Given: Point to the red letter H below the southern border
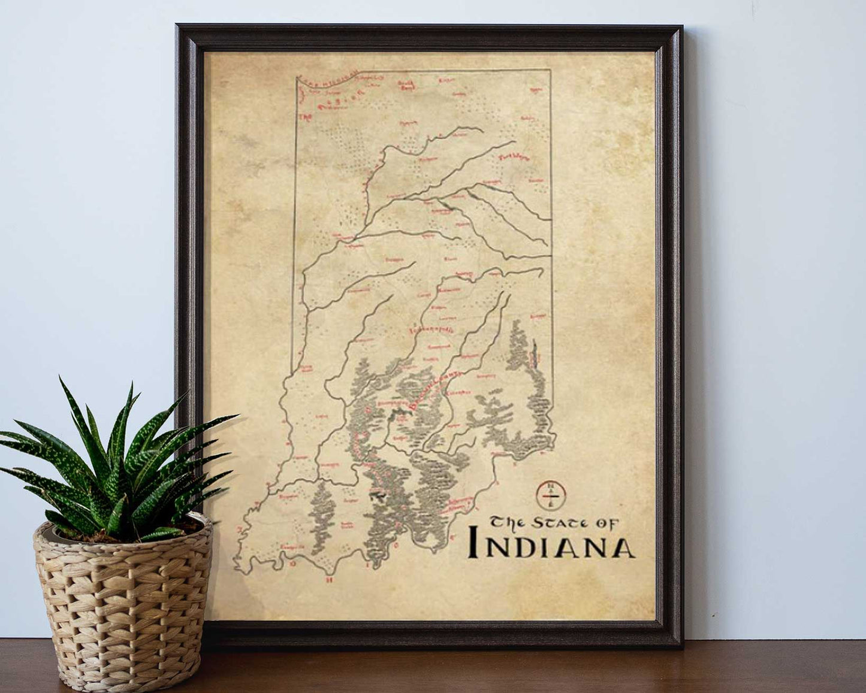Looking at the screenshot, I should (328, 580).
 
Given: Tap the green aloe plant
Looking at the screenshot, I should (114, 461).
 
